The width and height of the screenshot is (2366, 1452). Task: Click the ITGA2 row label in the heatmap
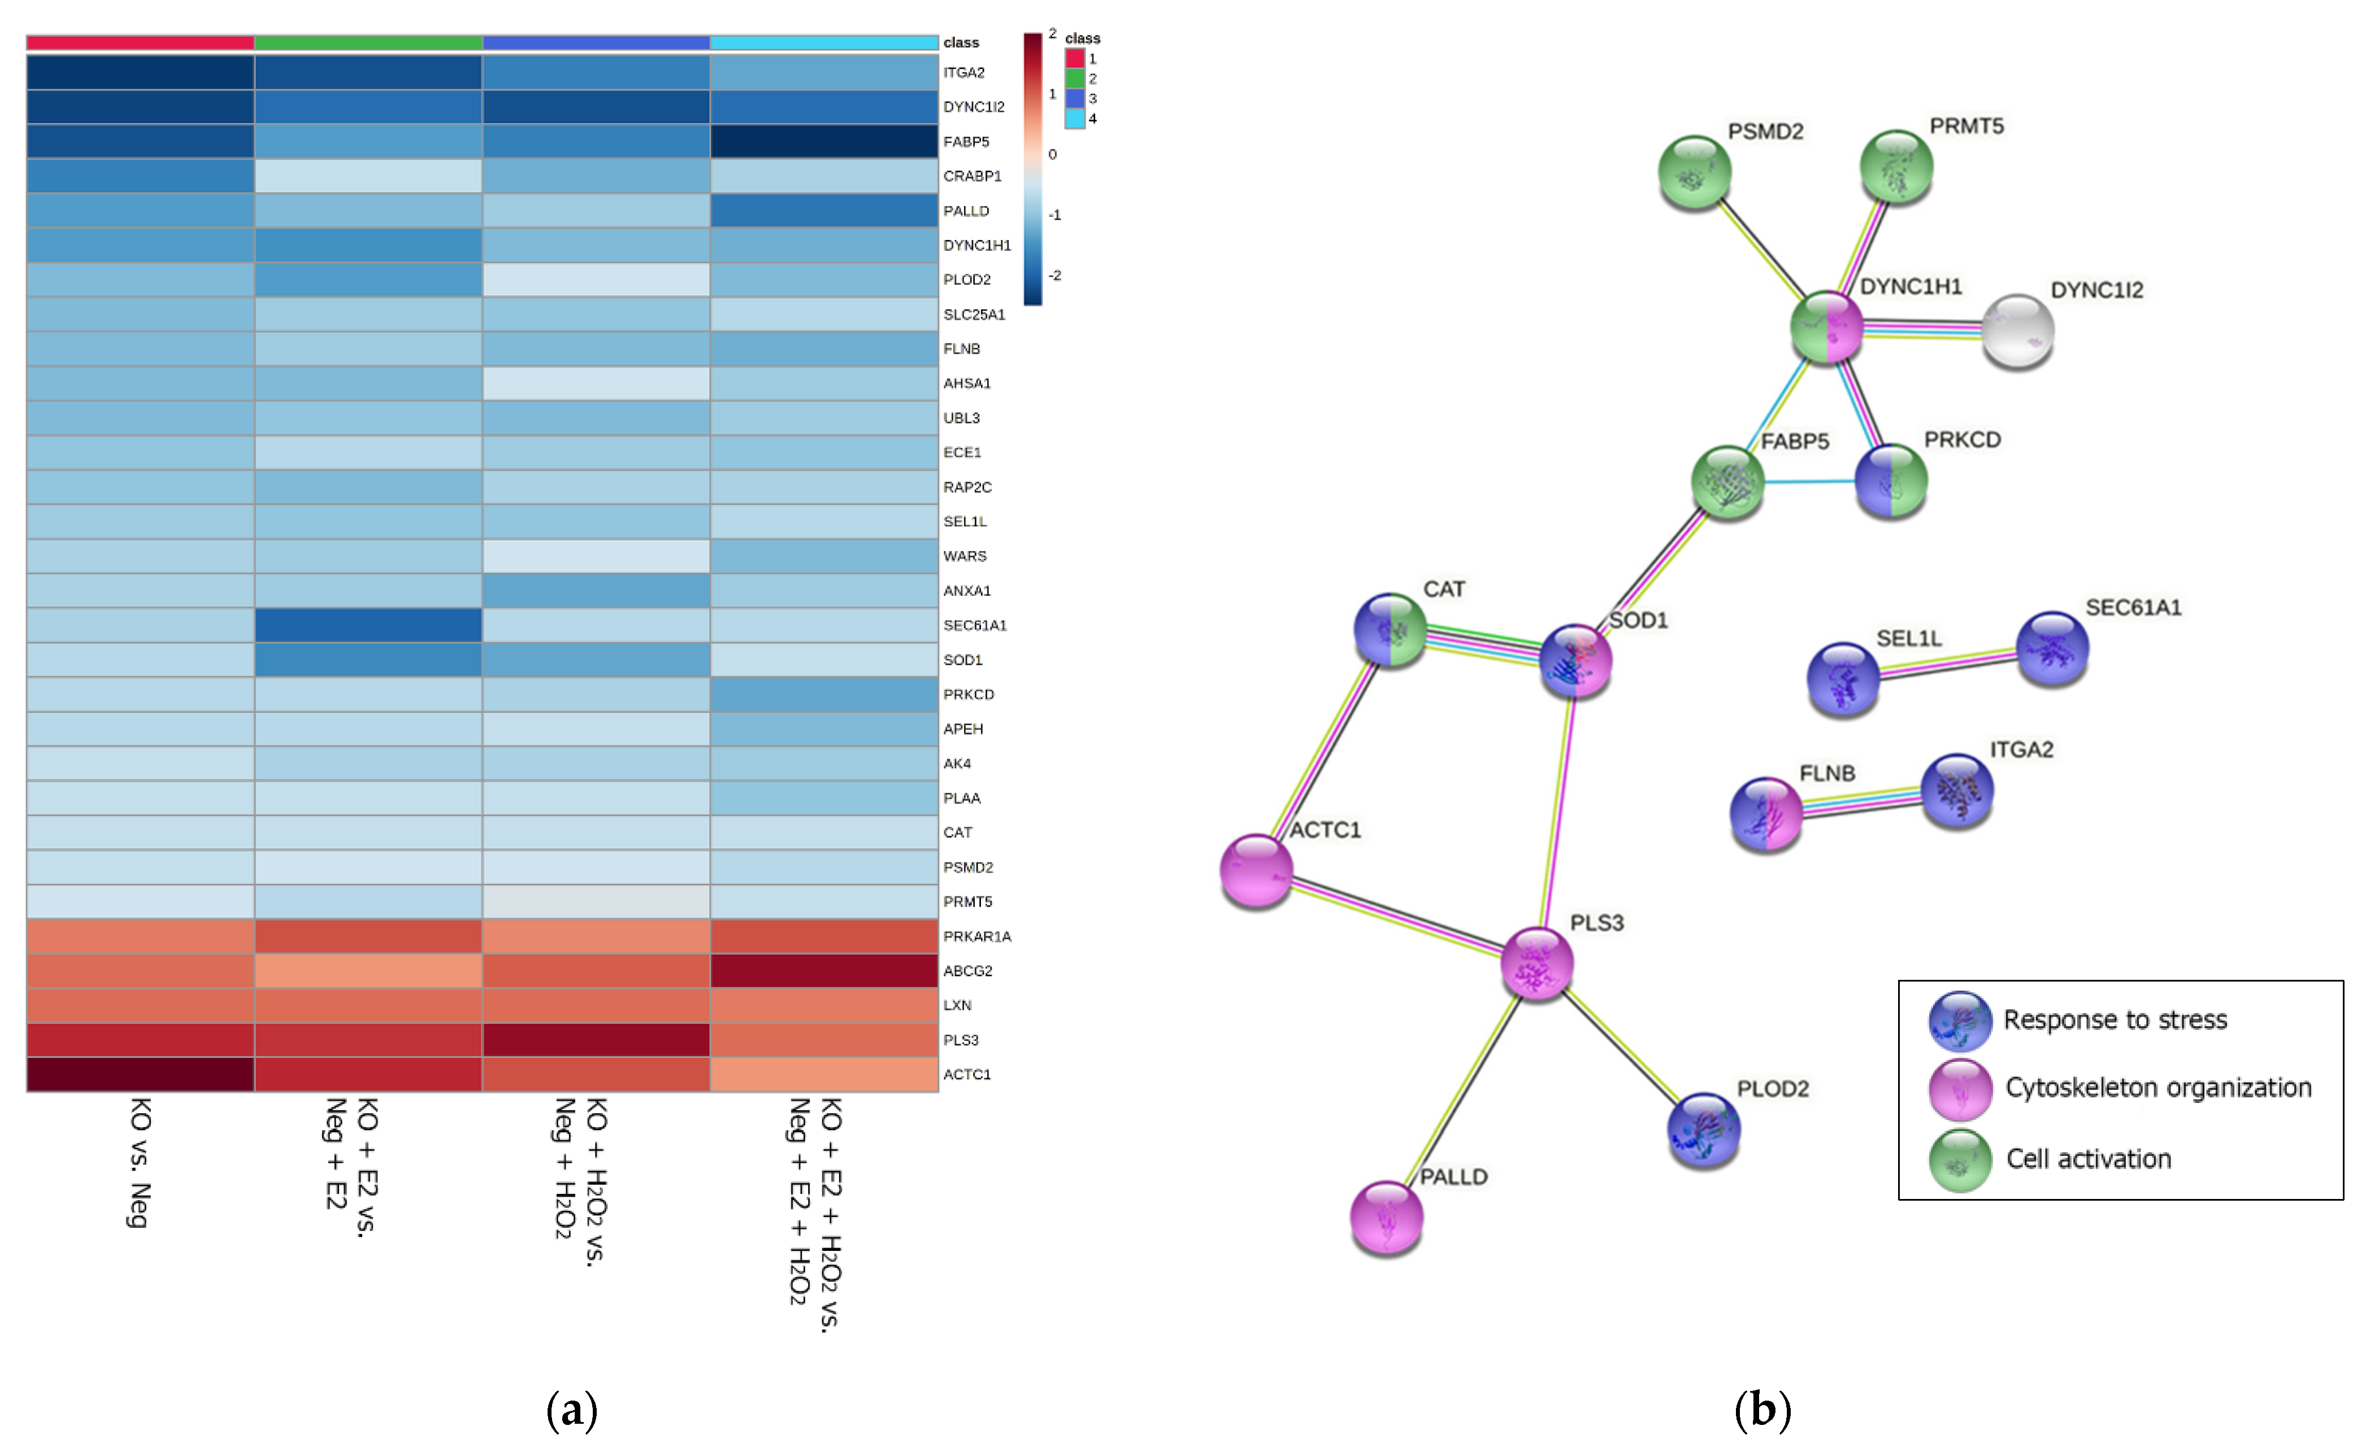963,73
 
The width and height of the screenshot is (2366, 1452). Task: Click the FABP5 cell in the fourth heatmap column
823,141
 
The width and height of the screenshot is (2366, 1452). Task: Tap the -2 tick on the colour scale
1055,276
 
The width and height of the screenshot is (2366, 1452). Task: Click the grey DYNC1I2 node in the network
2017,330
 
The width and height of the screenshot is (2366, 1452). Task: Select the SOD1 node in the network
1574,661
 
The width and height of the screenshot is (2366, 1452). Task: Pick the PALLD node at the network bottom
1386,1216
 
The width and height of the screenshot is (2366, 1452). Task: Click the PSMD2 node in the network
1695,172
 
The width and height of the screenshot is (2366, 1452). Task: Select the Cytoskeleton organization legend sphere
1960,1089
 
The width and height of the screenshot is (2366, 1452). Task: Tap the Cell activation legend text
2089,1159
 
